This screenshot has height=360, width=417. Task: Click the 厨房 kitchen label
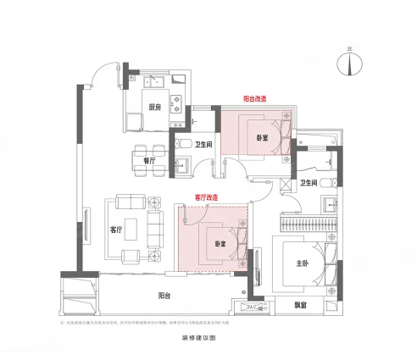(154, 108)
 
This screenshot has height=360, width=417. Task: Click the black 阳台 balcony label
(164, 295)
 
